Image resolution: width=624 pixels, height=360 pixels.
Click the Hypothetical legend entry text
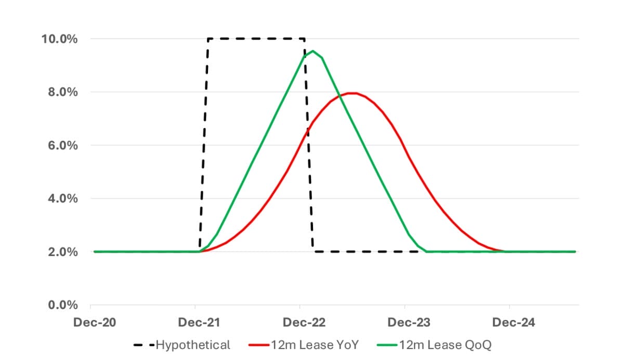(193, 345)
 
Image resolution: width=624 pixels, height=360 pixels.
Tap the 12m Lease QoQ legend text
(445, 345)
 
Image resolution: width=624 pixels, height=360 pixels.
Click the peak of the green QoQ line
(313, 51)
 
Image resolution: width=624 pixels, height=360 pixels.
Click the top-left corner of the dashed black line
(208, 38)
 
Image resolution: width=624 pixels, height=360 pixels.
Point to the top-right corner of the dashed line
(304, 38)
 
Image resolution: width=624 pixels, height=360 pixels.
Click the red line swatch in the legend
(258, 345)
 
